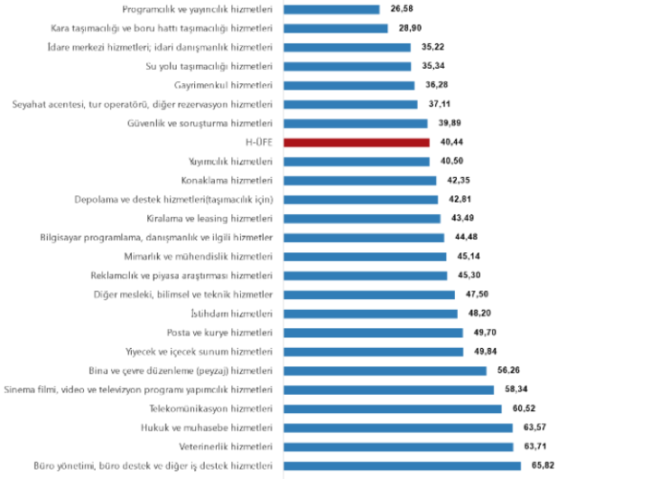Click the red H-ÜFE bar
click(x=356, y=142)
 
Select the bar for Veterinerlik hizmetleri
click(x=398, y=446)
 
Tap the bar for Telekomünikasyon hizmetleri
click(x=393, y=409)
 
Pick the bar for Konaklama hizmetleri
click(x=359, y=180)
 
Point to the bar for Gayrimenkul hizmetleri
click(x=348, y=85)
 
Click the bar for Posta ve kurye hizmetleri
click(x=373, y=333)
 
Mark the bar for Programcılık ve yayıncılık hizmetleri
click(x=331, y=9)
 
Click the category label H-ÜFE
click(x=258, y=142)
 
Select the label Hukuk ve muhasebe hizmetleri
click(x=207, y=427)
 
